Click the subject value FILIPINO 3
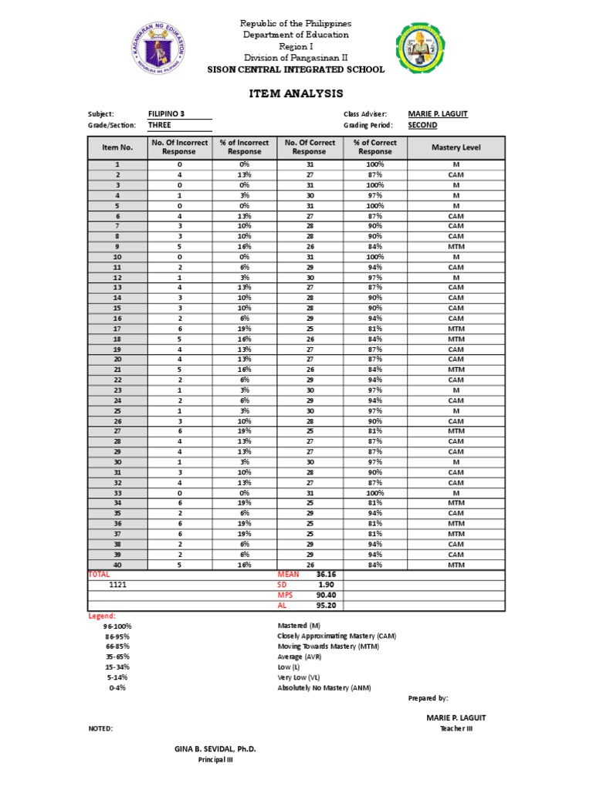pos(166,114)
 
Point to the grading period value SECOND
pos(422,125)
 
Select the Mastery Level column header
pos(456,147)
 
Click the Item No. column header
pos(118,147)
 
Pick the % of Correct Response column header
pos(374,147)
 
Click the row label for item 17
pos(118,329)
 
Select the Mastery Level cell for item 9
pos(456,247)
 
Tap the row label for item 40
pos(118,564)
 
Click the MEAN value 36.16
pos(325,575)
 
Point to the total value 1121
pos(118,586)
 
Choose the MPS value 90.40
pos(325,595)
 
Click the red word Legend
pos(102,616)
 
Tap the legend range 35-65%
pos(118,657)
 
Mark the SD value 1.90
pos(325,585)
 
